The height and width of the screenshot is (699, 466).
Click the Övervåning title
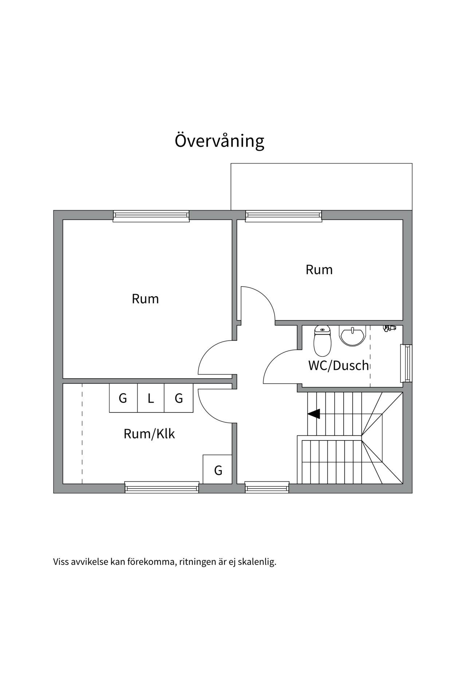pos(219,141)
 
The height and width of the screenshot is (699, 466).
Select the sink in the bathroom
pos(352,335)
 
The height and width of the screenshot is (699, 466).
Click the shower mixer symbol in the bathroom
pos(389,328)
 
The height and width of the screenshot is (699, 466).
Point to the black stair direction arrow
pos(314,414)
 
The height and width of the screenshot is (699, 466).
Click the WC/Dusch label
pos(339,365)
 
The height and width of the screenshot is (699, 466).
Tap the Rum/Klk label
pos(149,434)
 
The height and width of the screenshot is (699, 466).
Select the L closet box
pos(151,398)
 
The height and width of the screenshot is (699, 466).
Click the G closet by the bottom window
pos(218,470)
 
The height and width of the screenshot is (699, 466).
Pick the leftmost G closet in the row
pos(123,398)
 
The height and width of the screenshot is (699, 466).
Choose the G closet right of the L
pos(178,398)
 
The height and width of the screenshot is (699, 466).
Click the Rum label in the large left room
pos(145,299)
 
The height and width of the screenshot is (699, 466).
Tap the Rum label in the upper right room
pos(319,270)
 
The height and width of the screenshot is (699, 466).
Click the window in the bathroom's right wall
pos(406,363)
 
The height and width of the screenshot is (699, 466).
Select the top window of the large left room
pos(151,216)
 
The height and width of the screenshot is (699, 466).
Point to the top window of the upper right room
pos(283,216)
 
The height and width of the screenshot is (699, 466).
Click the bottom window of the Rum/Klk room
pos(162,487)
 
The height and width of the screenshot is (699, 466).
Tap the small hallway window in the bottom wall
pos(266,487)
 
